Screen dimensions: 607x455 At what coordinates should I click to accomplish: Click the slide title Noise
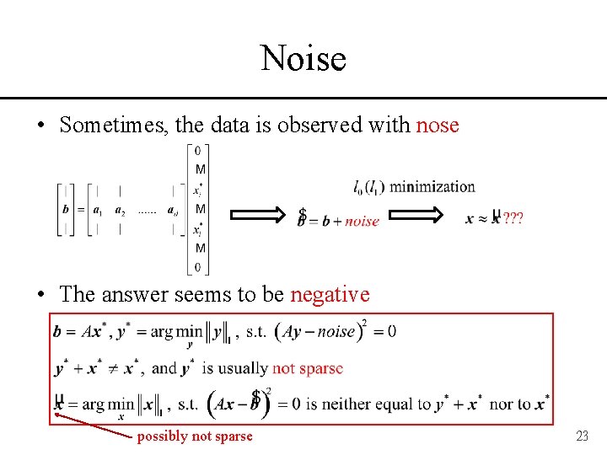click(x=303, y=59)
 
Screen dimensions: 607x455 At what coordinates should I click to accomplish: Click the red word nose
click(x=438, y=126)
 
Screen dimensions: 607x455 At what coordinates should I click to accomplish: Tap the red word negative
click(x=330, y=294)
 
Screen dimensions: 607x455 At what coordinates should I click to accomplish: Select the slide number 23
click(x=581, y=436)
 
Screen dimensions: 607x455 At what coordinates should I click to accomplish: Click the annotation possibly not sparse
click(x=195, y=436)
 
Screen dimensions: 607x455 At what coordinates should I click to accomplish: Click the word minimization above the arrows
click(x=432, y=186)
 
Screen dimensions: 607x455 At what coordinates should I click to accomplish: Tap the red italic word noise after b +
click(x=363, y=221)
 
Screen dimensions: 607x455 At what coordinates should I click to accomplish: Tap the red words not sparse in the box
click(x=308, y=368)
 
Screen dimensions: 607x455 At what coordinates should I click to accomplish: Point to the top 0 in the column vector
click(x=198, y=151)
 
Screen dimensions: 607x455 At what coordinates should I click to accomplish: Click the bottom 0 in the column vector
click(x=199, y=268)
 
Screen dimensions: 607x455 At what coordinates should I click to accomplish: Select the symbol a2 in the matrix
click(x=121, y=210)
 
